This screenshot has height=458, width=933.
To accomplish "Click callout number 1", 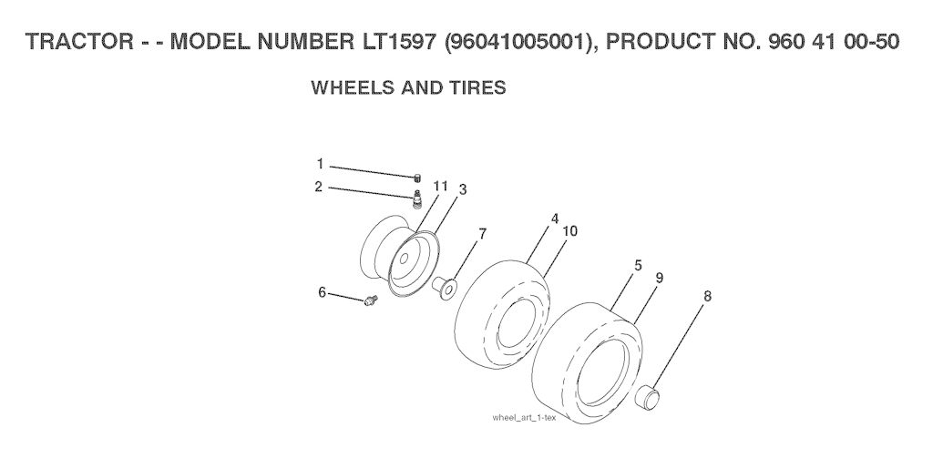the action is [320, 164].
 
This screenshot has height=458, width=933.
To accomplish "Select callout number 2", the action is [319, 187].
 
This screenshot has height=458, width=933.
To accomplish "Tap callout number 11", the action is [440, 186].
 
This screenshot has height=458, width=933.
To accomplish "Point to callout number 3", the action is [462, 189].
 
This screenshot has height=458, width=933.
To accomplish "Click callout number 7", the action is [482, 234].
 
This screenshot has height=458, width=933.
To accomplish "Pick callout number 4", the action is [555, 219].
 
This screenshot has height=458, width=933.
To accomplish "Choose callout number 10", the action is [570, 230].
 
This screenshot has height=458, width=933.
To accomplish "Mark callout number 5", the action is [638, 266].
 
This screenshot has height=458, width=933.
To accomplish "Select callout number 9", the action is [660, 278].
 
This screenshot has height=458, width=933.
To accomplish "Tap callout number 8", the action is [707, 296].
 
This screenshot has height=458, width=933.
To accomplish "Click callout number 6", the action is [322, 292].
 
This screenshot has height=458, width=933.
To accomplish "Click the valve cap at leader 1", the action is [417, 177].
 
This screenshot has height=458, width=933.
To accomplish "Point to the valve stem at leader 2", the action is [417, 198].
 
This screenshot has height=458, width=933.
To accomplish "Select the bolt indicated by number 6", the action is [371, 300].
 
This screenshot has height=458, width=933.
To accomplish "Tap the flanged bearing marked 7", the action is [445, 287].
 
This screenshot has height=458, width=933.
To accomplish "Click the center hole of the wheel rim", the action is [404, 259].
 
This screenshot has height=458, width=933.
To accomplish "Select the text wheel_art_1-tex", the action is [524, 418].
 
